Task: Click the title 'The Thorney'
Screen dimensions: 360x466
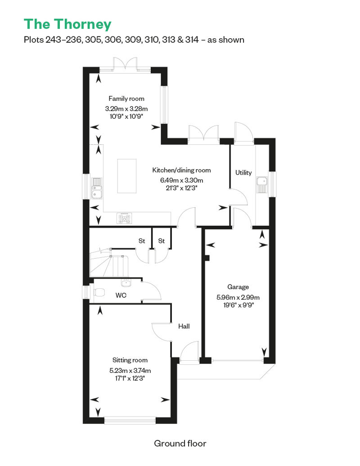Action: [x=67, y=24]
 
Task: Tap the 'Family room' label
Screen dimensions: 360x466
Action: [x=126, y=99]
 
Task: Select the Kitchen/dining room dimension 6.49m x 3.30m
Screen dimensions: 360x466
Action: [x=181, y=180]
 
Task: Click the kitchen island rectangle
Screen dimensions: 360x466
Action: [x=127, y=176]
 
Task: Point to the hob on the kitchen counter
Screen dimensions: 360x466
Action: [x=125, y=219]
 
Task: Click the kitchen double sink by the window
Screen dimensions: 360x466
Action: [x=97, y=188]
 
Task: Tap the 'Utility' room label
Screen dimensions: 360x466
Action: [x=243, y=172]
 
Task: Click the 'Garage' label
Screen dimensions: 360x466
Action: [x=238, y=287]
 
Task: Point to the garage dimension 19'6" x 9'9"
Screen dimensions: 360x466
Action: [x=238, y=305]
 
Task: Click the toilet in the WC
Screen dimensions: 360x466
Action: [x=99, y=292]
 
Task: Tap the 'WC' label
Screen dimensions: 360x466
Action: [x=121, y=295]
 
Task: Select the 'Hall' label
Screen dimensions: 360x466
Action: [x=184, y=326]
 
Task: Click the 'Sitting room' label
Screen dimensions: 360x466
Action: [x=130, y=360]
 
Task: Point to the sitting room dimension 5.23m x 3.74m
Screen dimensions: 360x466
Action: [x=130, y=371]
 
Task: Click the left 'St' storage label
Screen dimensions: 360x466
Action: [x=142, y=241]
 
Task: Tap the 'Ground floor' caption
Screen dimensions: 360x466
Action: [x=180, y=444]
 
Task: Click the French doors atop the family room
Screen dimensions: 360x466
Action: [x=125, y=64]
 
